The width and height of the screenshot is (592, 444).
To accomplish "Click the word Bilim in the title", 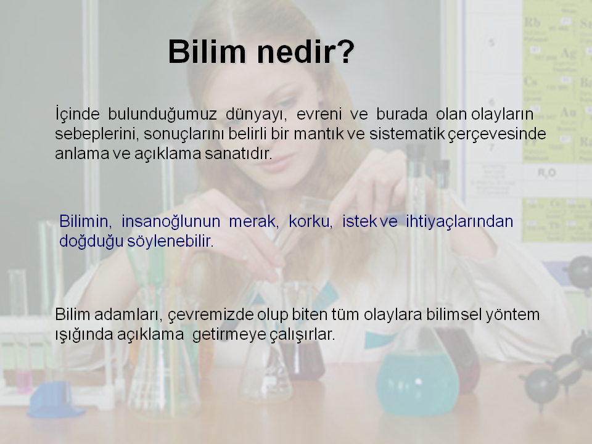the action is point(207,52).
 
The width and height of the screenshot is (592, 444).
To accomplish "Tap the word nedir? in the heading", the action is point(306,52).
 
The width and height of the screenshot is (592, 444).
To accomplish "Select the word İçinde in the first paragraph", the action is point(78,114).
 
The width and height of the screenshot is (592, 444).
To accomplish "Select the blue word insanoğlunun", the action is point(171,222).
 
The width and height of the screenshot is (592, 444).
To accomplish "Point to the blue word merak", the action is point(253,221).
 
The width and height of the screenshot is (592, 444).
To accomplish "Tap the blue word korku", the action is point(310,221).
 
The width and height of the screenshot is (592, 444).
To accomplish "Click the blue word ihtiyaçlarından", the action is point(459,222).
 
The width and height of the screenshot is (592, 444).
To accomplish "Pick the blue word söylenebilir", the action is point(170,242).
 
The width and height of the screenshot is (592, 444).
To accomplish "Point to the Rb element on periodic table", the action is point(532,23).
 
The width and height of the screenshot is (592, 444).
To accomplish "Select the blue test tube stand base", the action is point(55,400).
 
